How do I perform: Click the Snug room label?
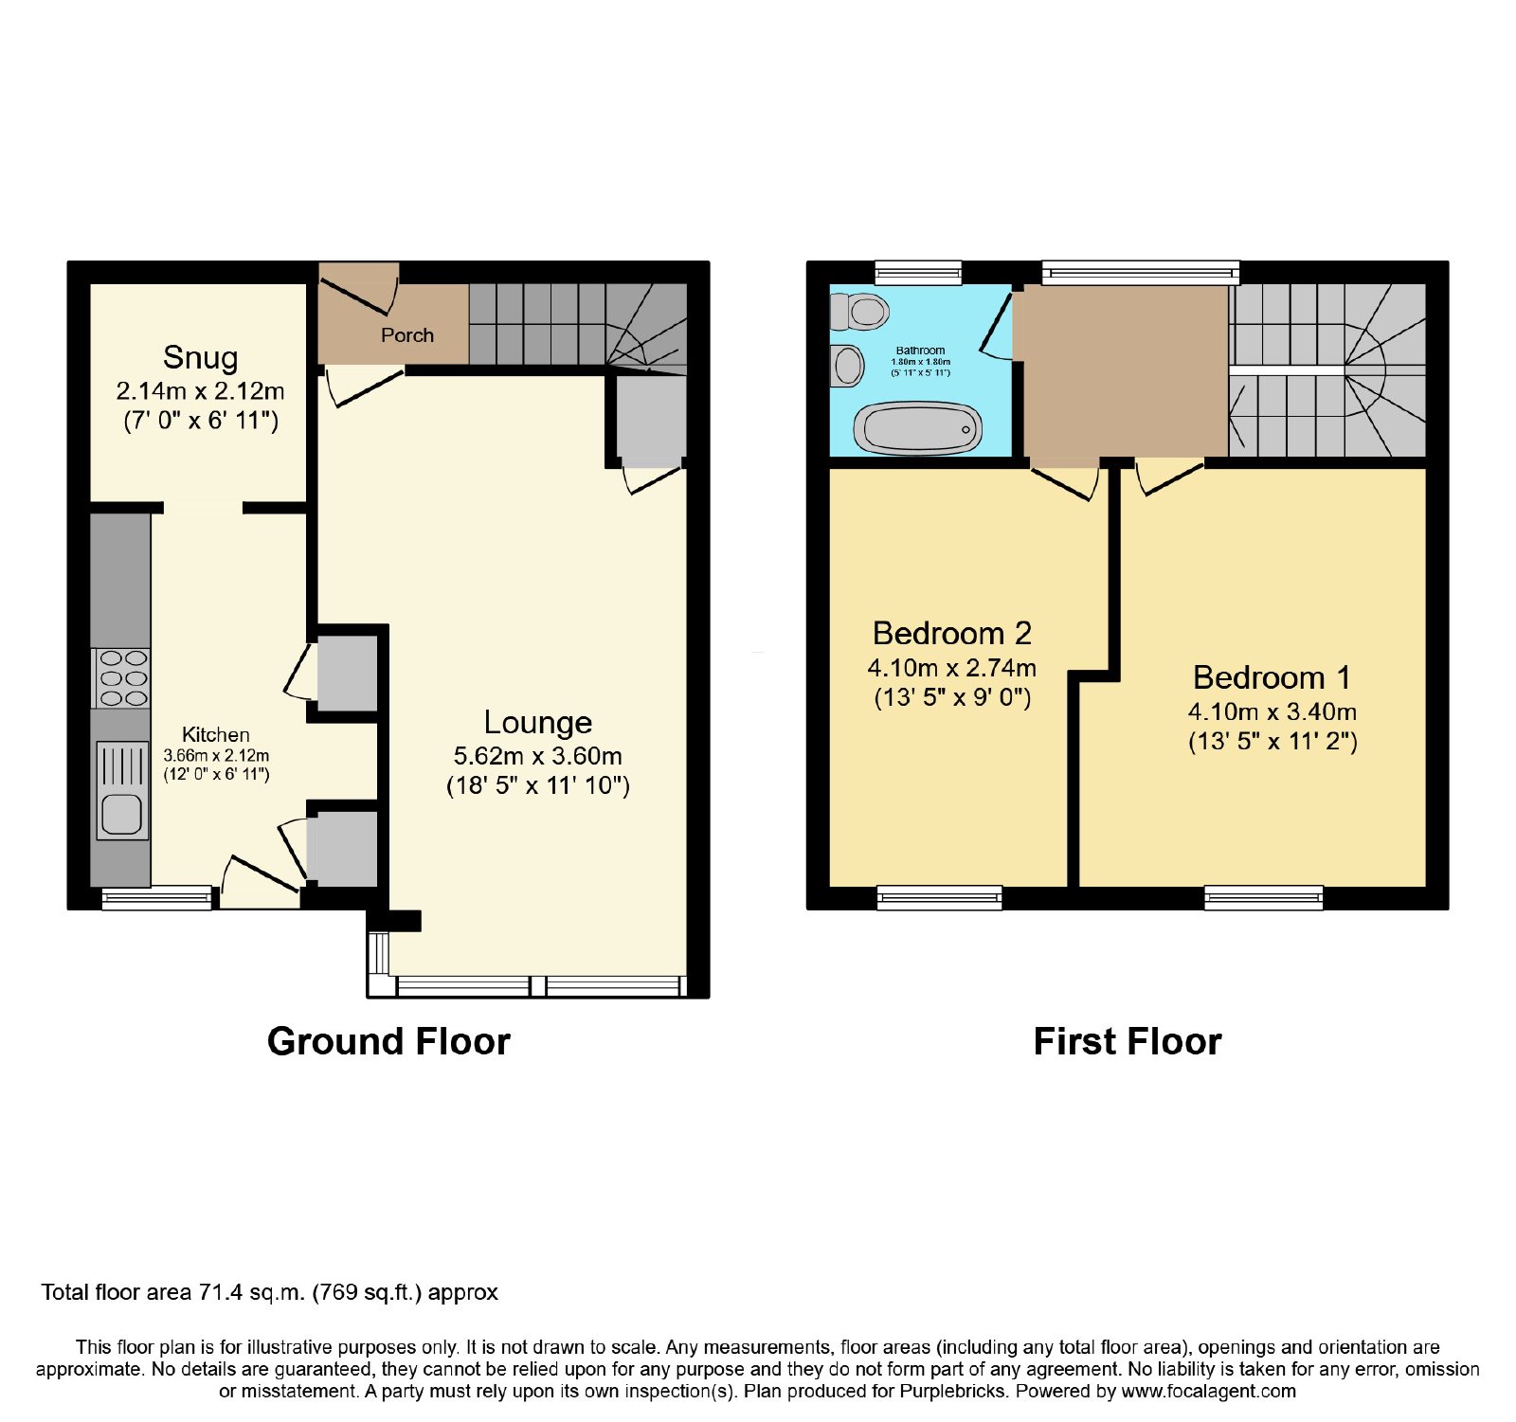[x=200, y=358]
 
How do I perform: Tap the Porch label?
[x=407, y=335]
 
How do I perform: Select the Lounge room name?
[x=538, y=723]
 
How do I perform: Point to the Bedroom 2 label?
[x=952, y=633]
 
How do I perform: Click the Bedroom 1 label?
[x=1272, y=677]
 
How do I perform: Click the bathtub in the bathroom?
[x=918, y=428]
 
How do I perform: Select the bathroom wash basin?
[x=847, y=366]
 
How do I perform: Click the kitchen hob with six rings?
[x=121, y=678]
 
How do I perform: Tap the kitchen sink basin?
[x=121, y=814]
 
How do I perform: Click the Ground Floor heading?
[x=388, y=1042]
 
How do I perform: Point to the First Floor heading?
[x=1128, y=1042]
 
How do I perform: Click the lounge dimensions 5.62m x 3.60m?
[x=538, y=756]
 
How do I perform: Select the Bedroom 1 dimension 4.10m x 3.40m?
[x=1272, y=711]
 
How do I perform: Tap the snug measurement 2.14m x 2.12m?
[x=200, y=391]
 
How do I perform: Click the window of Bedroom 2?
[x=939, y=897]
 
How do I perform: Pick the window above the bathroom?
[x=917, y=273]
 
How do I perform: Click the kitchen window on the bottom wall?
[x=156, y=898]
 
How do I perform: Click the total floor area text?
[x=269, y=1292]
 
